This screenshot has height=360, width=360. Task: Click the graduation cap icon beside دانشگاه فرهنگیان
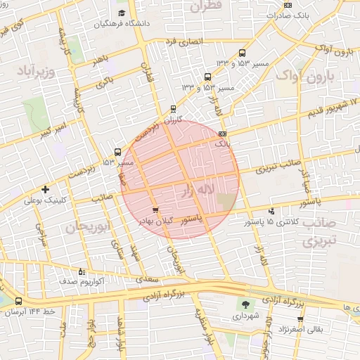(122, 13)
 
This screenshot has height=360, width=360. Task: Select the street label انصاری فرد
(184, 41)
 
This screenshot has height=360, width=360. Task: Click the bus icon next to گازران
(173, 109)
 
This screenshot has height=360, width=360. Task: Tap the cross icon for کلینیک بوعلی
(46, 189)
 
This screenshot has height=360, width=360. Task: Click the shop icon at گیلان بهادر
(155, 210)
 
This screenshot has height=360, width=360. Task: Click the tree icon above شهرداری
(245, 304)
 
